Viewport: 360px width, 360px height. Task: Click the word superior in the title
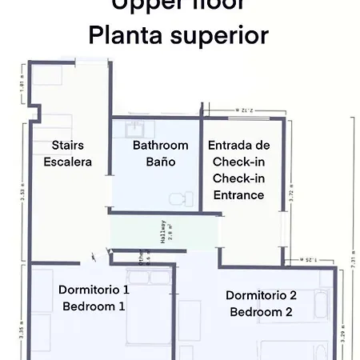click(218, 36)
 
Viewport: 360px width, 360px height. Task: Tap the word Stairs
click(67, 146)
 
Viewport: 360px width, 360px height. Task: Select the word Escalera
click(67, 162)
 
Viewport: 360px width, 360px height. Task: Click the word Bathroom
click(161, 146)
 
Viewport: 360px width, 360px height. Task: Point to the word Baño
click(161, 162)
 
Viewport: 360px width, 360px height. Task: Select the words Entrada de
click(239, 146)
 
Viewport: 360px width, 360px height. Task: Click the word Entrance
click(239, 195)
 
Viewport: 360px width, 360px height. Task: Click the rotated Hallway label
click(163, 231)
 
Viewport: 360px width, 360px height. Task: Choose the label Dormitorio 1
click(94, 290)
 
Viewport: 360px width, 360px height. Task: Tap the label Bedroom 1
click(94, 306)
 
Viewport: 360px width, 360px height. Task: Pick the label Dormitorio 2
click(261, 295)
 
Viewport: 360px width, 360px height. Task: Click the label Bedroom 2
click(261, 312)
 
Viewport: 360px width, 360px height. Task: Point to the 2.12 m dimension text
click(247, 111)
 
